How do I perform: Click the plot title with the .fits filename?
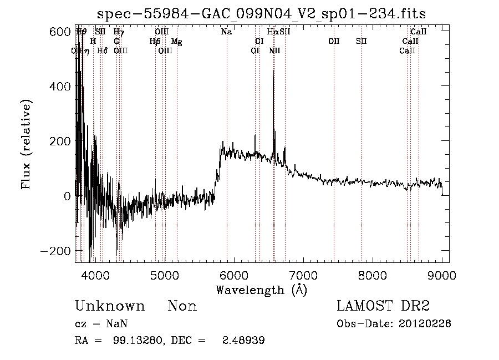point(261,13)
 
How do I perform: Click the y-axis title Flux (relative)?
point(26,144)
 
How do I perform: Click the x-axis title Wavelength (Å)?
point(261,290)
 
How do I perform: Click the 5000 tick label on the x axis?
point(164,276)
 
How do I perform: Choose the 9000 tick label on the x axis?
point(442,276)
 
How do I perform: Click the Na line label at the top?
point(226,32)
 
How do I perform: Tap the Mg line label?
point(176,42)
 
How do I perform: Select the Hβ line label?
point(155,42)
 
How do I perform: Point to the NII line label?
point(274,51)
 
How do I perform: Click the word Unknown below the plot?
point(110,306)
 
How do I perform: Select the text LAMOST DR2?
point(383,306)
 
